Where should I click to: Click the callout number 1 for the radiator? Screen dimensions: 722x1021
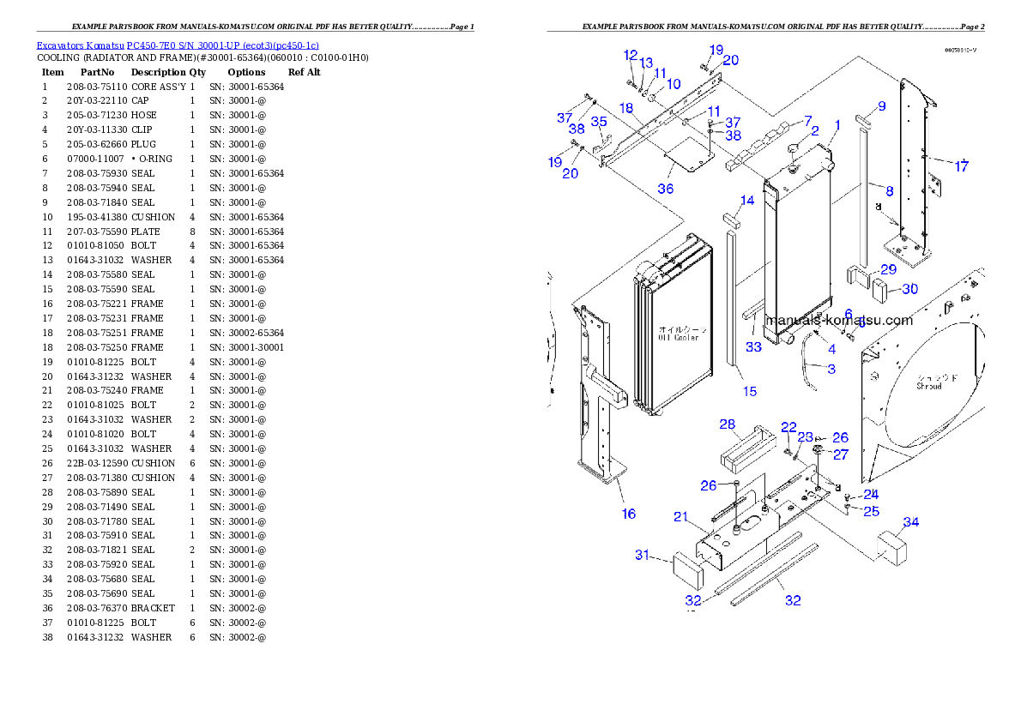point(837,124)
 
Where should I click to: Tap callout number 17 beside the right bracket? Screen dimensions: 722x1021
point(962,166)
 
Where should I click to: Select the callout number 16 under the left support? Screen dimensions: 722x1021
point(629,514)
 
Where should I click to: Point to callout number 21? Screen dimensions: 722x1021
point(681,516)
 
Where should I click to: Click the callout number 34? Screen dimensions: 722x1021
point(911,522)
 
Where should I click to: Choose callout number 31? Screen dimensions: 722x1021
point(643,555)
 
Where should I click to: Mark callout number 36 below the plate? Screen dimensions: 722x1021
point(666,189)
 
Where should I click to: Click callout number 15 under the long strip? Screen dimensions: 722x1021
point(750,391)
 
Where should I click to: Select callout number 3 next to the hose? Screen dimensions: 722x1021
point(831,369)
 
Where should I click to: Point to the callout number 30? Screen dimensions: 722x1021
point(909,289)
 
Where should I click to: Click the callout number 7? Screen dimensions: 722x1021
point(807,120)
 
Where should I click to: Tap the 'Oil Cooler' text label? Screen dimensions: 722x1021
point(679,333)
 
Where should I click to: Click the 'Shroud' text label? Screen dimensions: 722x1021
point(929,382)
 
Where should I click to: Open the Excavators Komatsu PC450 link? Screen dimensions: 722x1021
point(178,45)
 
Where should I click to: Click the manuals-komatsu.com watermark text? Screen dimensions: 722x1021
point(839,320)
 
